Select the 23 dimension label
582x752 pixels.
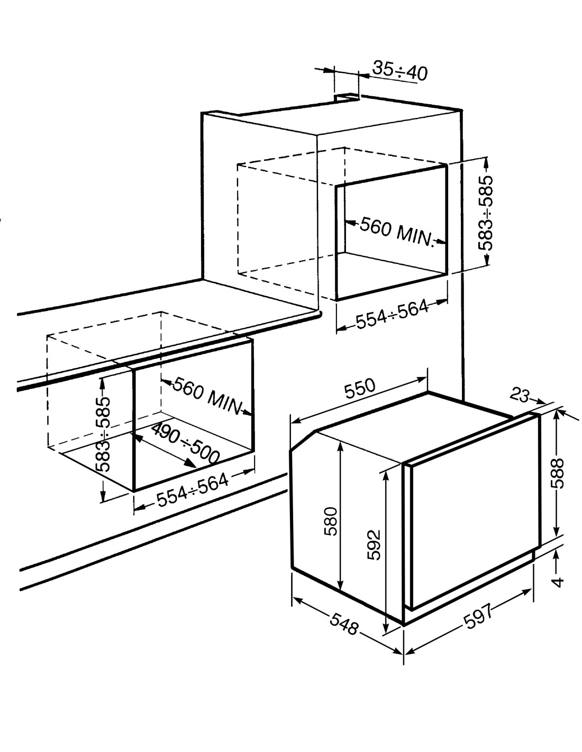520,395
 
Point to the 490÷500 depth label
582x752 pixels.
185,444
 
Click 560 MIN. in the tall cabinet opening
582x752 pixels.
397,232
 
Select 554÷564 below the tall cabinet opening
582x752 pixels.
392,314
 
